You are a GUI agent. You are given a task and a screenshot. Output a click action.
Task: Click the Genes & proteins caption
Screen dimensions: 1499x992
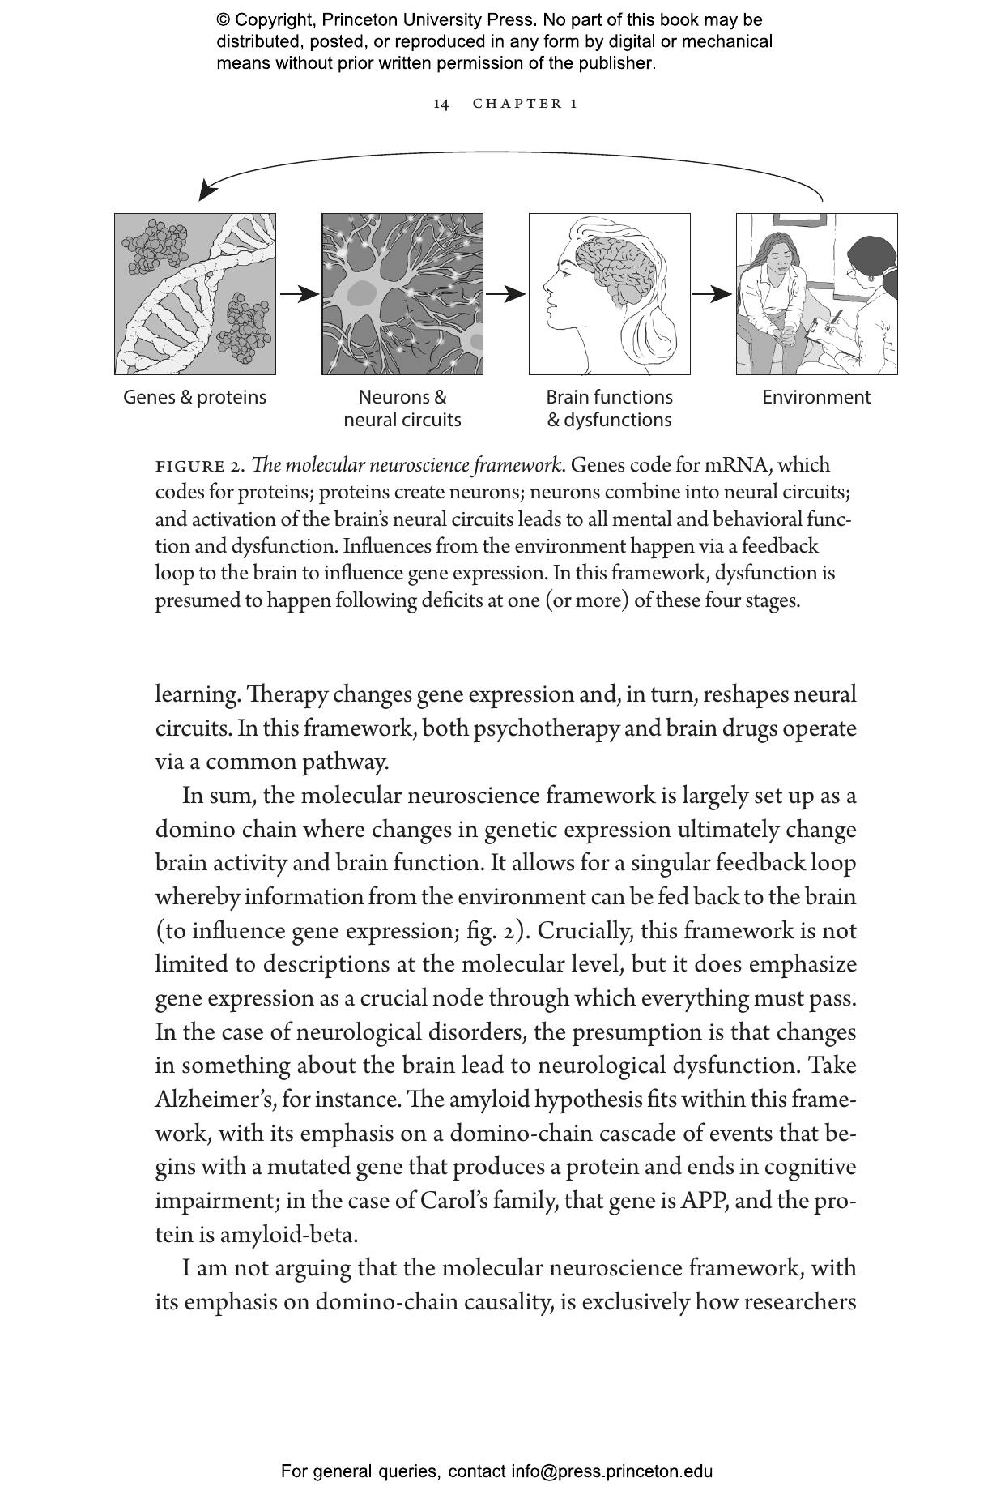point(194,397)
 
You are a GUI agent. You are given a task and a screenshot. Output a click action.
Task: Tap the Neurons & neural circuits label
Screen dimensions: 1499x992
point(402,408)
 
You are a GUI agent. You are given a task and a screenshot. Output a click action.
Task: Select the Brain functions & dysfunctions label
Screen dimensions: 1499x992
point(609,408)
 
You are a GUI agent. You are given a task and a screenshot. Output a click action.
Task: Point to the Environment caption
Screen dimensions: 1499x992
point(816,397)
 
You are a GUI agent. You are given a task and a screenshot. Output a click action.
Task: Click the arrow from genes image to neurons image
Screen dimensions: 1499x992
point(299,294)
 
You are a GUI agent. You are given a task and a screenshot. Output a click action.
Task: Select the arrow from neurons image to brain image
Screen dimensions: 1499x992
point(505,294)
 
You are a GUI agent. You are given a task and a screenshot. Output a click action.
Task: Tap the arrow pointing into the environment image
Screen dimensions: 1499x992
point(713,294)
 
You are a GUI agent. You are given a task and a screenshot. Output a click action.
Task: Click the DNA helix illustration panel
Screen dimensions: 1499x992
point(194,294)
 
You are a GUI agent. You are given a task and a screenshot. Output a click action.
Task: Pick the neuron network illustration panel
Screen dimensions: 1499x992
point(402,294)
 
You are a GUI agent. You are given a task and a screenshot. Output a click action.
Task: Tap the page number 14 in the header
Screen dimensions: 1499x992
point(441,104)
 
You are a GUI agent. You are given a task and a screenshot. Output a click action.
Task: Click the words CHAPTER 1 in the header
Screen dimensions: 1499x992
point(525,104)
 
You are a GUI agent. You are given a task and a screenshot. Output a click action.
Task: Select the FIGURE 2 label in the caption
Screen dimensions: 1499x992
point(199,467)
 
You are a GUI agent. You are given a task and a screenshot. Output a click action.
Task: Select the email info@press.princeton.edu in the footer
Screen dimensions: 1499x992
point(611,1471)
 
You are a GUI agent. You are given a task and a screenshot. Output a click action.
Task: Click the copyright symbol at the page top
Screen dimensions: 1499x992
point(224,20)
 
